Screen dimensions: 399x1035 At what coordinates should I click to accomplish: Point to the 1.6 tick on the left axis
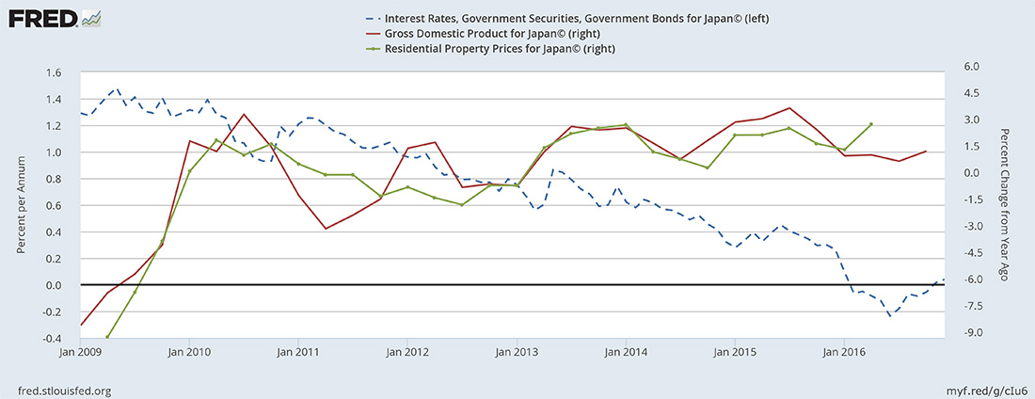[x=53, y=73]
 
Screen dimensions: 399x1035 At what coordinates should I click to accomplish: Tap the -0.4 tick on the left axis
[x=51, y=339]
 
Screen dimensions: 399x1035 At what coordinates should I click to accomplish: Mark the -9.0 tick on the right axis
[x=971, y=333]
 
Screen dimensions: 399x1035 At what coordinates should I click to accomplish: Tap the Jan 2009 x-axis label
[x=81, y=353]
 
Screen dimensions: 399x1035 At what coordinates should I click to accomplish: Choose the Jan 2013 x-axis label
[x=517, y=353]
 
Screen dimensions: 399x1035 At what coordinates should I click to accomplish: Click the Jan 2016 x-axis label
[x=843, y=353]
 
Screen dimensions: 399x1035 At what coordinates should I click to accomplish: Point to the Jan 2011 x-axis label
[x=298, y=353]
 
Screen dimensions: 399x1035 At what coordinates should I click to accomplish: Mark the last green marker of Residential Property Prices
[x=871, y=124]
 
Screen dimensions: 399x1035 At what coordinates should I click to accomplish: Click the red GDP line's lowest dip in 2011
[x=326, y=229]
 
